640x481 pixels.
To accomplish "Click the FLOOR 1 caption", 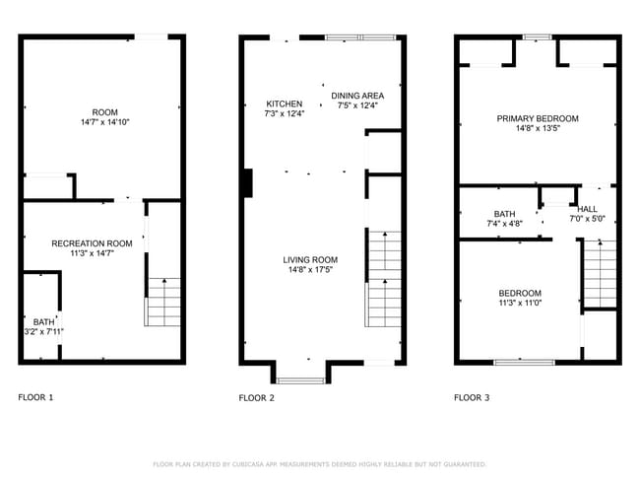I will coord(36,397).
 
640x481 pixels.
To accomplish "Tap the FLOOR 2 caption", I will coord(256,398).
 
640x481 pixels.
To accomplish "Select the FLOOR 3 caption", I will coord(472,398).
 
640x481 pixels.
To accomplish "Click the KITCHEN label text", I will coord(285,103).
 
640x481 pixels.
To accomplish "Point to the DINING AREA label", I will coord(356,96).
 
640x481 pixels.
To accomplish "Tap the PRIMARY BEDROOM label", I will coord(537,118).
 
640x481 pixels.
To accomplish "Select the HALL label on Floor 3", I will coord(587,209).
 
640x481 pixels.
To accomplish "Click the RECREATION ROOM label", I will coord(92,242).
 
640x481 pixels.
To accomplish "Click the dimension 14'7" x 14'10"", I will coord(104,122).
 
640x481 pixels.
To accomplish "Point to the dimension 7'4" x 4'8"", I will coord(504,224).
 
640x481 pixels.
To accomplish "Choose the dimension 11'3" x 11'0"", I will coord(519,304).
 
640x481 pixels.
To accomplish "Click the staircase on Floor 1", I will coord(163,302).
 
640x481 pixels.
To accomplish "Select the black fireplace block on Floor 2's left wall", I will coord(248,184).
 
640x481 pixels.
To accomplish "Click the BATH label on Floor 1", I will coord(43,321).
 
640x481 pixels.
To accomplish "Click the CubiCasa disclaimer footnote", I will coord(319,463).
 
